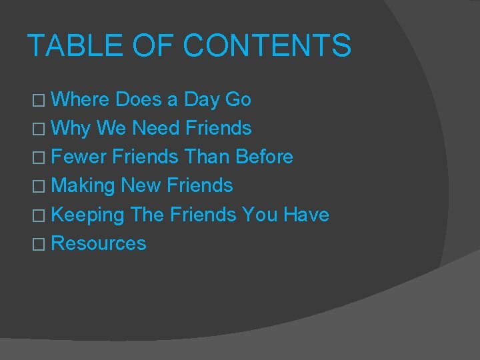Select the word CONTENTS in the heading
267,46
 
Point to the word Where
80,100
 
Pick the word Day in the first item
201,100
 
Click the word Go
238,100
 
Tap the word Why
70,128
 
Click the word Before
265,157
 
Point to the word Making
83,186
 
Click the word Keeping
87,215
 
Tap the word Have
306,215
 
